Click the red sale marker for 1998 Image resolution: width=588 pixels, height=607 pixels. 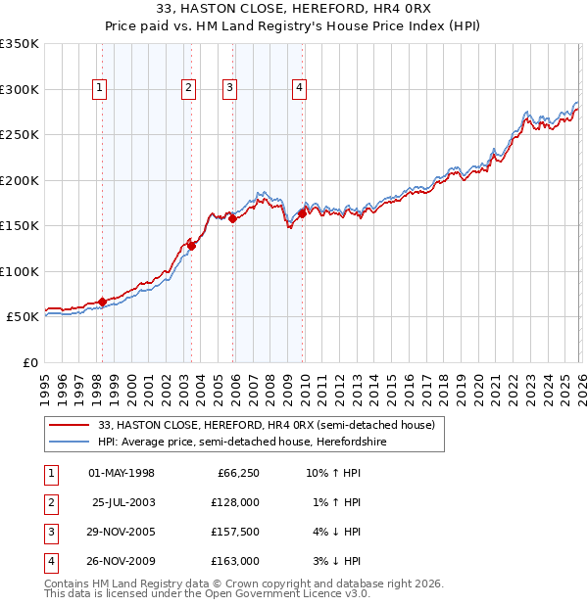pos(102,302)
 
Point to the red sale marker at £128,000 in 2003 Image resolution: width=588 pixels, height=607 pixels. pos(192,246)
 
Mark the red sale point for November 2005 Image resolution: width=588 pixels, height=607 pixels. pos(233,219)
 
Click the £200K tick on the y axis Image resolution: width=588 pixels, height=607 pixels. pos(20,180)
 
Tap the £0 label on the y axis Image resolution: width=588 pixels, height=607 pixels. pos(31,362)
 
